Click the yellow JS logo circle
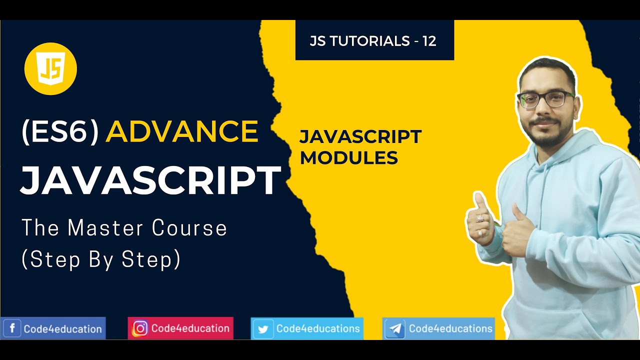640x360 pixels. coord(50,68)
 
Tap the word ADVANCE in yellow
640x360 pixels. coord(182,131)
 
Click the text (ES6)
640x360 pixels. coord(60,132)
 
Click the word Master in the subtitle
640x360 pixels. coord(105,228)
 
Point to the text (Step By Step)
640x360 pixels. coord(100,259)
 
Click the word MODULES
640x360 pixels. coord(348,158)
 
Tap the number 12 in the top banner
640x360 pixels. coord(429,41)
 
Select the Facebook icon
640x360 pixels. coord(12,329)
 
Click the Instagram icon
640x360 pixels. coord(140,328)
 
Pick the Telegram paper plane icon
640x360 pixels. coord(395,329)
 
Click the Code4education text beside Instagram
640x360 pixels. coord(190,328)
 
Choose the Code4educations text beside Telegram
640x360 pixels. coord(450,328)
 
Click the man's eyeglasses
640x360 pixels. coord(545,99)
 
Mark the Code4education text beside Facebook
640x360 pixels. coord(62,329)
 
